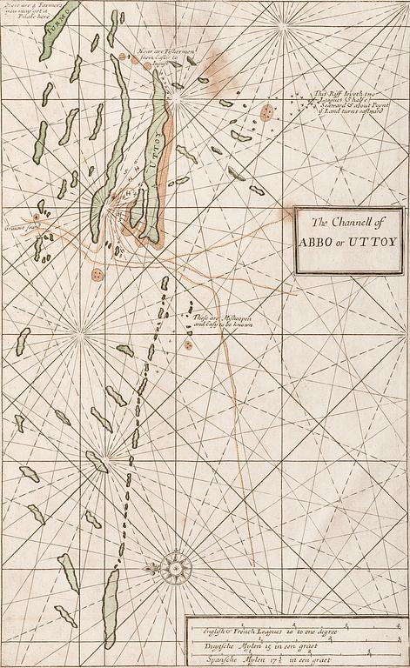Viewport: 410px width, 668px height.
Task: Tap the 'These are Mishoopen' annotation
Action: (218, 321)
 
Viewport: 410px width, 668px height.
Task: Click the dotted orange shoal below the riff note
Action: (267, 112)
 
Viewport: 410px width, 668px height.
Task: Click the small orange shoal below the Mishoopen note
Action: (188, 344)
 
